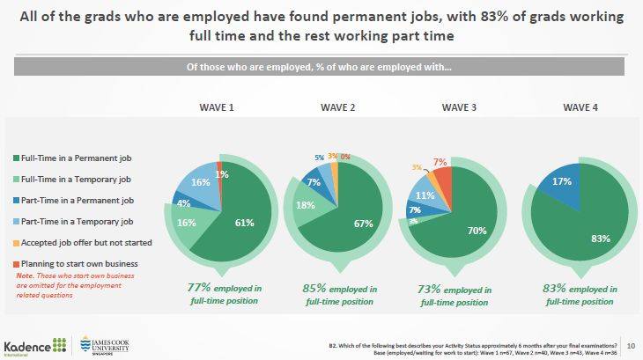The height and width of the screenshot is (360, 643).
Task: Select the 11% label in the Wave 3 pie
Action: click(425, 195)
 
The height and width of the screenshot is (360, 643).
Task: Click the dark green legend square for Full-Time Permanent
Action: click(19, 158)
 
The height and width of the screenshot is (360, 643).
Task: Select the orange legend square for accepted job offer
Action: click(19, 243)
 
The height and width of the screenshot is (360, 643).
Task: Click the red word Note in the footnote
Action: click(26, 276)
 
